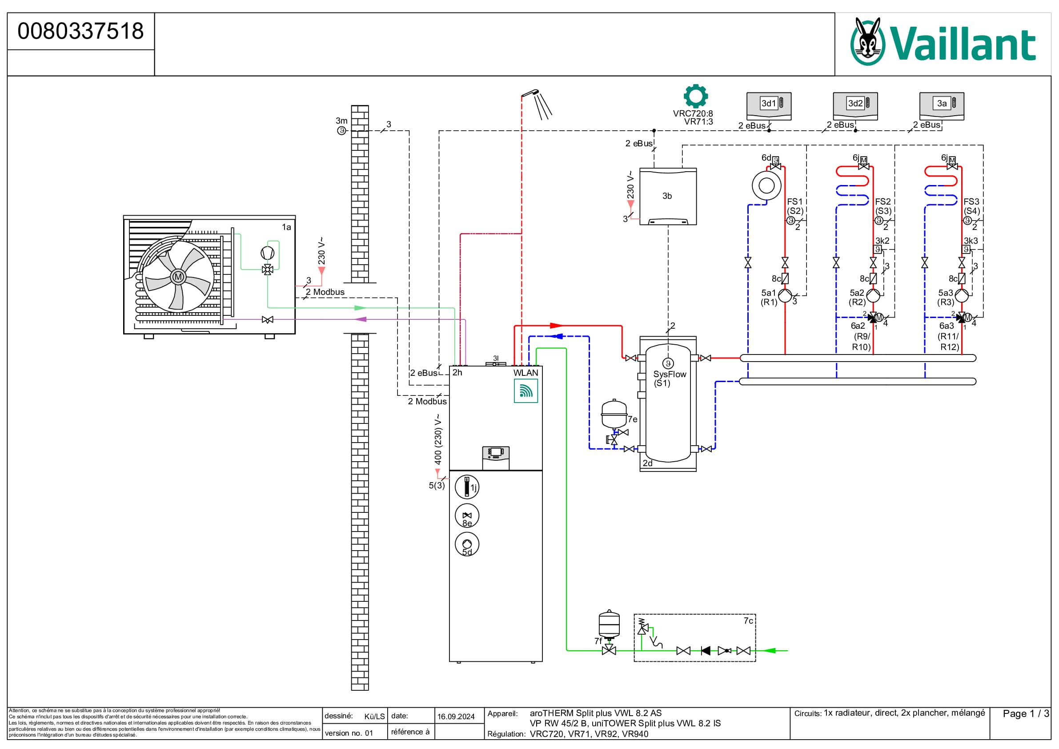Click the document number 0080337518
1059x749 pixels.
click(81, 31)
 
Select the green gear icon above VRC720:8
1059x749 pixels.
click(695, 96)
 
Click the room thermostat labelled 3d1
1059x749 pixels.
click(769, 106)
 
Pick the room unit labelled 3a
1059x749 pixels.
click(942, 106)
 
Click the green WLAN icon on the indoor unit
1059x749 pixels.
click(526, 391)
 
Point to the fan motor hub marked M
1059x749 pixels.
click(178, 277)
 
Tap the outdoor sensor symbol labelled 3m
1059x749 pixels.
click(341, 131)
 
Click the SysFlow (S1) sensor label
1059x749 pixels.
click(670, 379)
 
